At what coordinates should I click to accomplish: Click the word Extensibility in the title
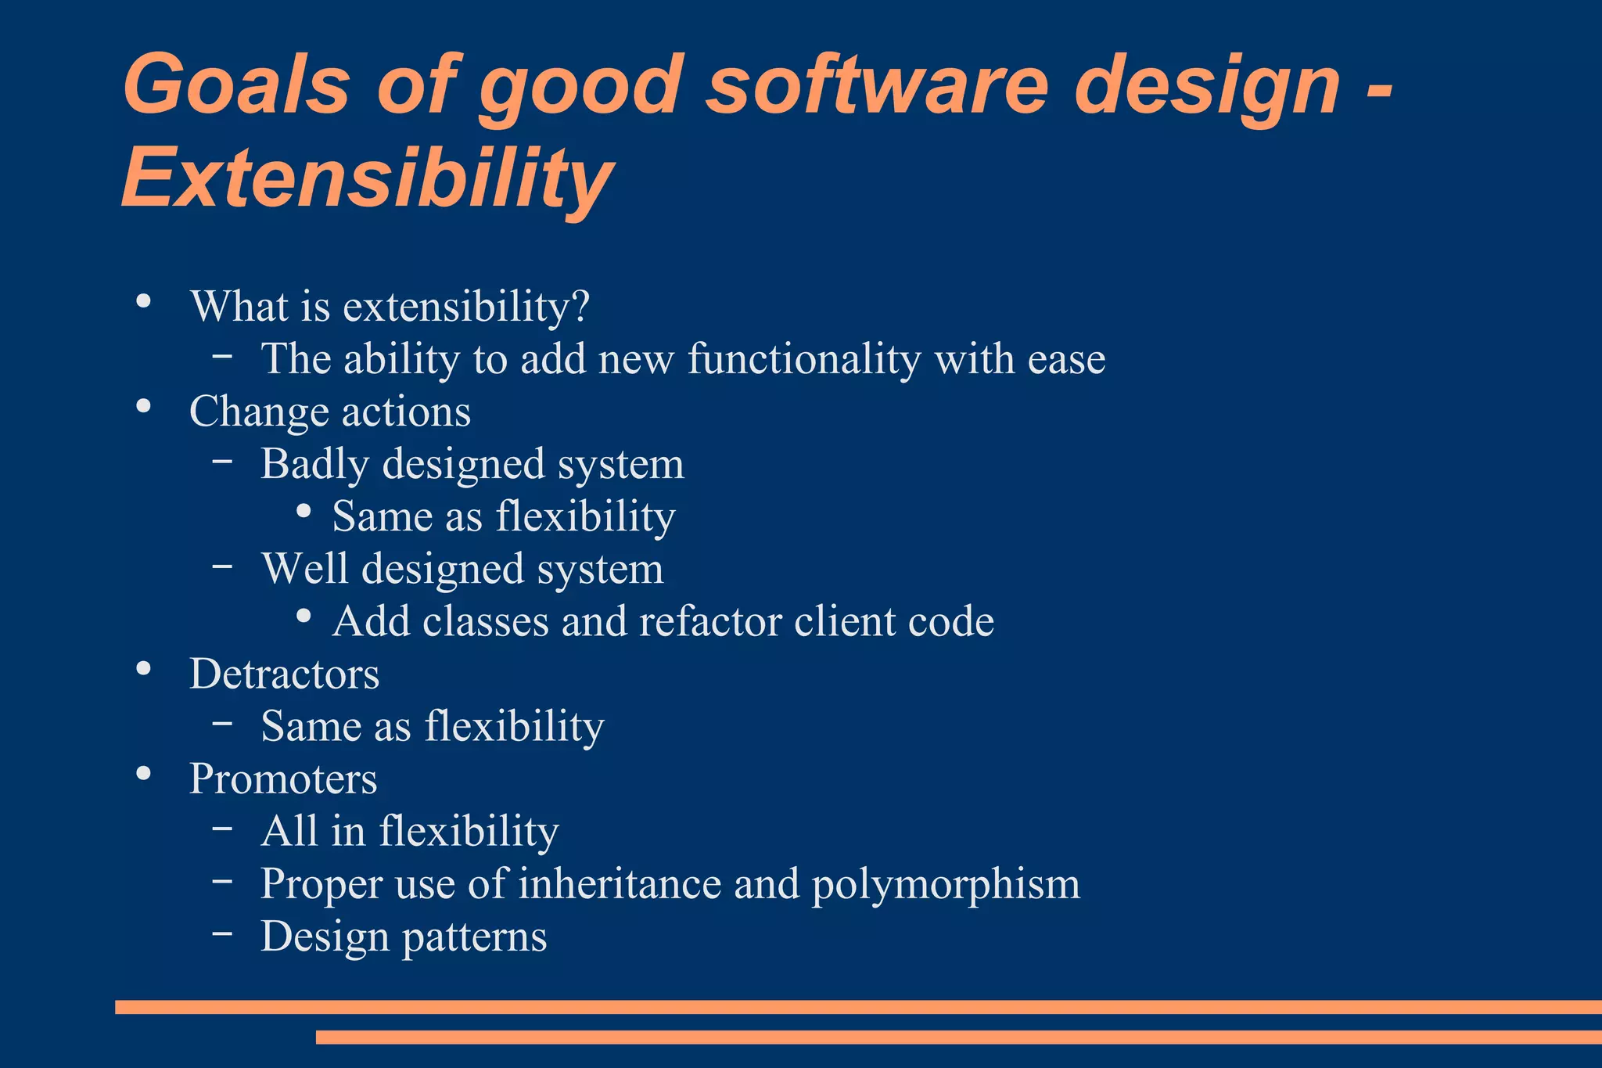coord(366,178)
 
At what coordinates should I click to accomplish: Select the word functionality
coord(804,359)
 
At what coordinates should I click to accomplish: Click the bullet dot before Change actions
coord(143,405)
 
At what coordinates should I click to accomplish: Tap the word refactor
coord(709,622)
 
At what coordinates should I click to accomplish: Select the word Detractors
coord(284,674)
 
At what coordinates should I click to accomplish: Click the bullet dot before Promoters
coord(143,773)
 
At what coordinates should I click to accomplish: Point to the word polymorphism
coord(945,884)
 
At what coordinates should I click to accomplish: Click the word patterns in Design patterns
coord(474,937)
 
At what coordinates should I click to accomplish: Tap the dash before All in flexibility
coord(222,828)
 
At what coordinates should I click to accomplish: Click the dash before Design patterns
coord(222,933)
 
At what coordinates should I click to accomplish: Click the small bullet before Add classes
coord(304,616)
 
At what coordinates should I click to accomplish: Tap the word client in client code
coord(844,622)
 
